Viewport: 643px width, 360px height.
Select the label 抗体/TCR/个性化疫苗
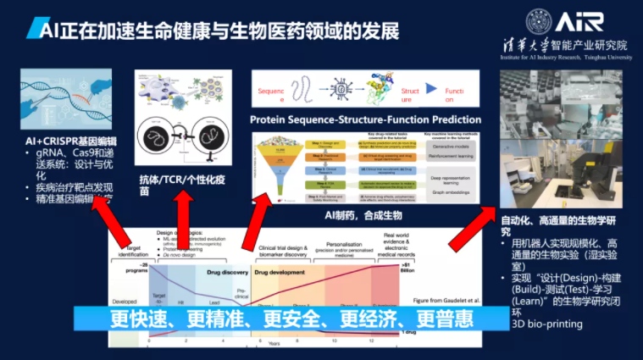click(x=177, y=185)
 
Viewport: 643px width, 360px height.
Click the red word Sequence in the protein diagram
click(x=271, y=90)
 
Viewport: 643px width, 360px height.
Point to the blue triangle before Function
click(x=430, y=89)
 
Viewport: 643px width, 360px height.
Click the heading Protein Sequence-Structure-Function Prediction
click(x=366, y=119)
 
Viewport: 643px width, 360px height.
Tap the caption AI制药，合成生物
click(x=366, y=215)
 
